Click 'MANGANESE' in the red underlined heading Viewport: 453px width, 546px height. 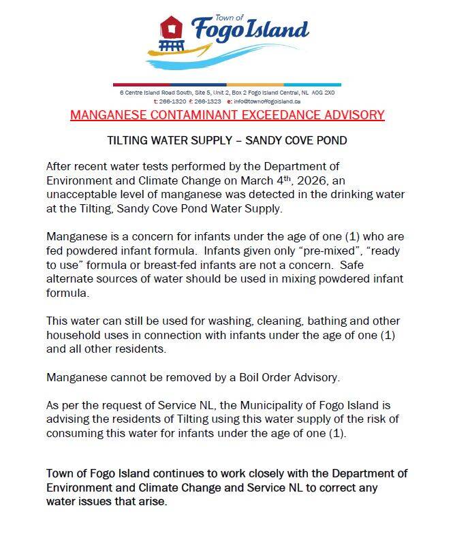(x=114, y=114)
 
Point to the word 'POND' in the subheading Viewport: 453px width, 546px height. (x=329, y=142)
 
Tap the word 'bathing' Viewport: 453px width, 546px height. (x=296, y=321)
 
